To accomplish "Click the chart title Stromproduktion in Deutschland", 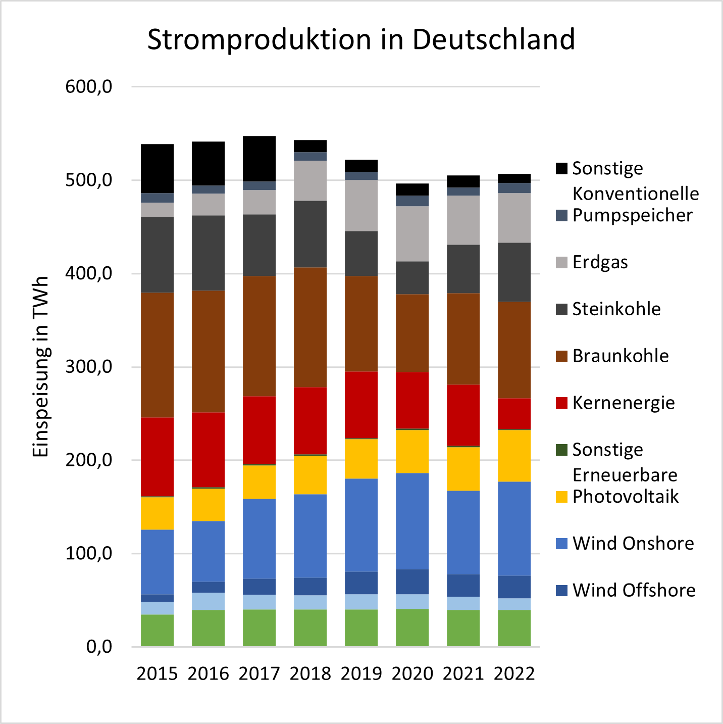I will tap(361, 39).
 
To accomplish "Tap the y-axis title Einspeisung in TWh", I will tap(40, 367).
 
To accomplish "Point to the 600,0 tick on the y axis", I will tap(88, 87).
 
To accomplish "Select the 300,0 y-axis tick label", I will tap(88, 367).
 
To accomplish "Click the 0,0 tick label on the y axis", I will tap(99, 647).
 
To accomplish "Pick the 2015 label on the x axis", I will tap(157, 674).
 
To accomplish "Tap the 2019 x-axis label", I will tap(361, 674).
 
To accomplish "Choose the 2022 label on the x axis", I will tap(514, 674).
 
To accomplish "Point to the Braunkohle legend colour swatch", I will tap(561, 356).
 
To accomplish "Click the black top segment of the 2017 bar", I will tap(259, 159).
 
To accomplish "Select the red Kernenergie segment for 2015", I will tap(157, 457).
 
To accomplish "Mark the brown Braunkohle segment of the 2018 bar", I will tap(310, 327).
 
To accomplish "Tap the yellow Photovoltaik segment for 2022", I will tap(514, 456).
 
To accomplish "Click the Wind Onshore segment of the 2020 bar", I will tap(412, 521).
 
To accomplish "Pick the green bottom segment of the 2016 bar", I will tap(208, 628).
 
